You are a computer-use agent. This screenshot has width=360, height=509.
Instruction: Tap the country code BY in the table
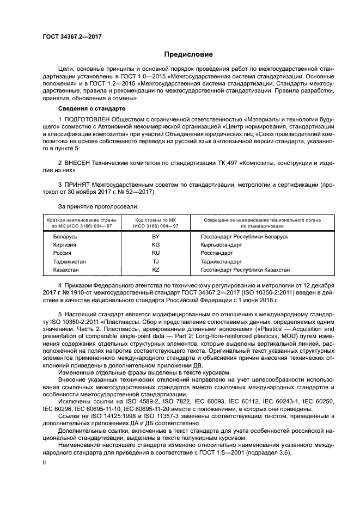point(155,237)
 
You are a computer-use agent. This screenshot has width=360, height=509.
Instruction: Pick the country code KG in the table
point(155,245)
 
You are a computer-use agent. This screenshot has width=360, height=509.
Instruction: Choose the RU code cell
point(155,253)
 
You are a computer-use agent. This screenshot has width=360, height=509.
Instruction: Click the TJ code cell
point(155,261)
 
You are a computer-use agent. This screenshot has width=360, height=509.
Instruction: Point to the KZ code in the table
point(155,269)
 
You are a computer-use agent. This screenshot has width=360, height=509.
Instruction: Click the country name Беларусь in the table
point(65,237)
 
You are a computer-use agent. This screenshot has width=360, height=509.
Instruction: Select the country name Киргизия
point(65,245)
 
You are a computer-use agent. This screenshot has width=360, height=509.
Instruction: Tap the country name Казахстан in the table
point(66,269)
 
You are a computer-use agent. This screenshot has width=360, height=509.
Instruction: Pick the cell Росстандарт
point(217,253)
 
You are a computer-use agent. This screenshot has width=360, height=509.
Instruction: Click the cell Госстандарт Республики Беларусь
point(245,237)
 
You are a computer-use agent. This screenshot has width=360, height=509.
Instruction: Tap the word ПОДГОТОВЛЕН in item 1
point(90,119)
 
